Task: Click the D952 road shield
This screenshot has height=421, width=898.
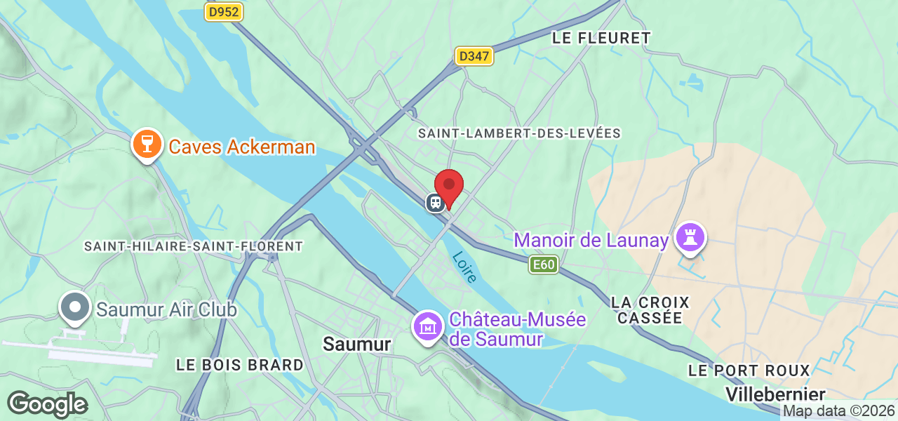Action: point(223,12)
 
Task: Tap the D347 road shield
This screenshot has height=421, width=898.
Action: point(475,57)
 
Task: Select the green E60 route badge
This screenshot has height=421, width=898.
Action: point(544,265)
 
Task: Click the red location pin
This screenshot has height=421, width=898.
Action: point(449,187)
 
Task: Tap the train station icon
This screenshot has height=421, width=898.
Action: point(435,203)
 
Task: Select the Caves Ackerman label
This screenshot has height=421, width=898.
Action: point(242,147)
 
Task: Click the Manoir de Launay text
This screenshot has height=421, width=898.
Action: point(591,241)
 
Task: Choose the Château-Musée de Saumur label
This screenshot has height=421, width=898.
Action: point(517,329)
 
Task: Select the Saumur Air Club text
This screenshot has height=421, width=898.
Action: point(166,309)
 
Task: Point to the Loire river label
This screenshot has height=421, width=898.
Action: point(464,267)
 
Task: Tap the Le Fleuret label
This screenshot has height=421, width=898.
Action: point(601,38)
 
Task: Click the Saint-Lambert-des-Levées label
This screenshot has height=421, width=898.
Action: point(519,133)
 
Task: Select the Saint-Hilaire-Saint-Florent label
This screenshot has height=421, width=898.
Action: point(193,246)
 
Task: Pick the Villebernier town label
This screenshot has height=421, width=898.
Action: point(775,394)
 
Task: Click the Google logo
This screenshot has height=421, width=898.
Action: point(47,405)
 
